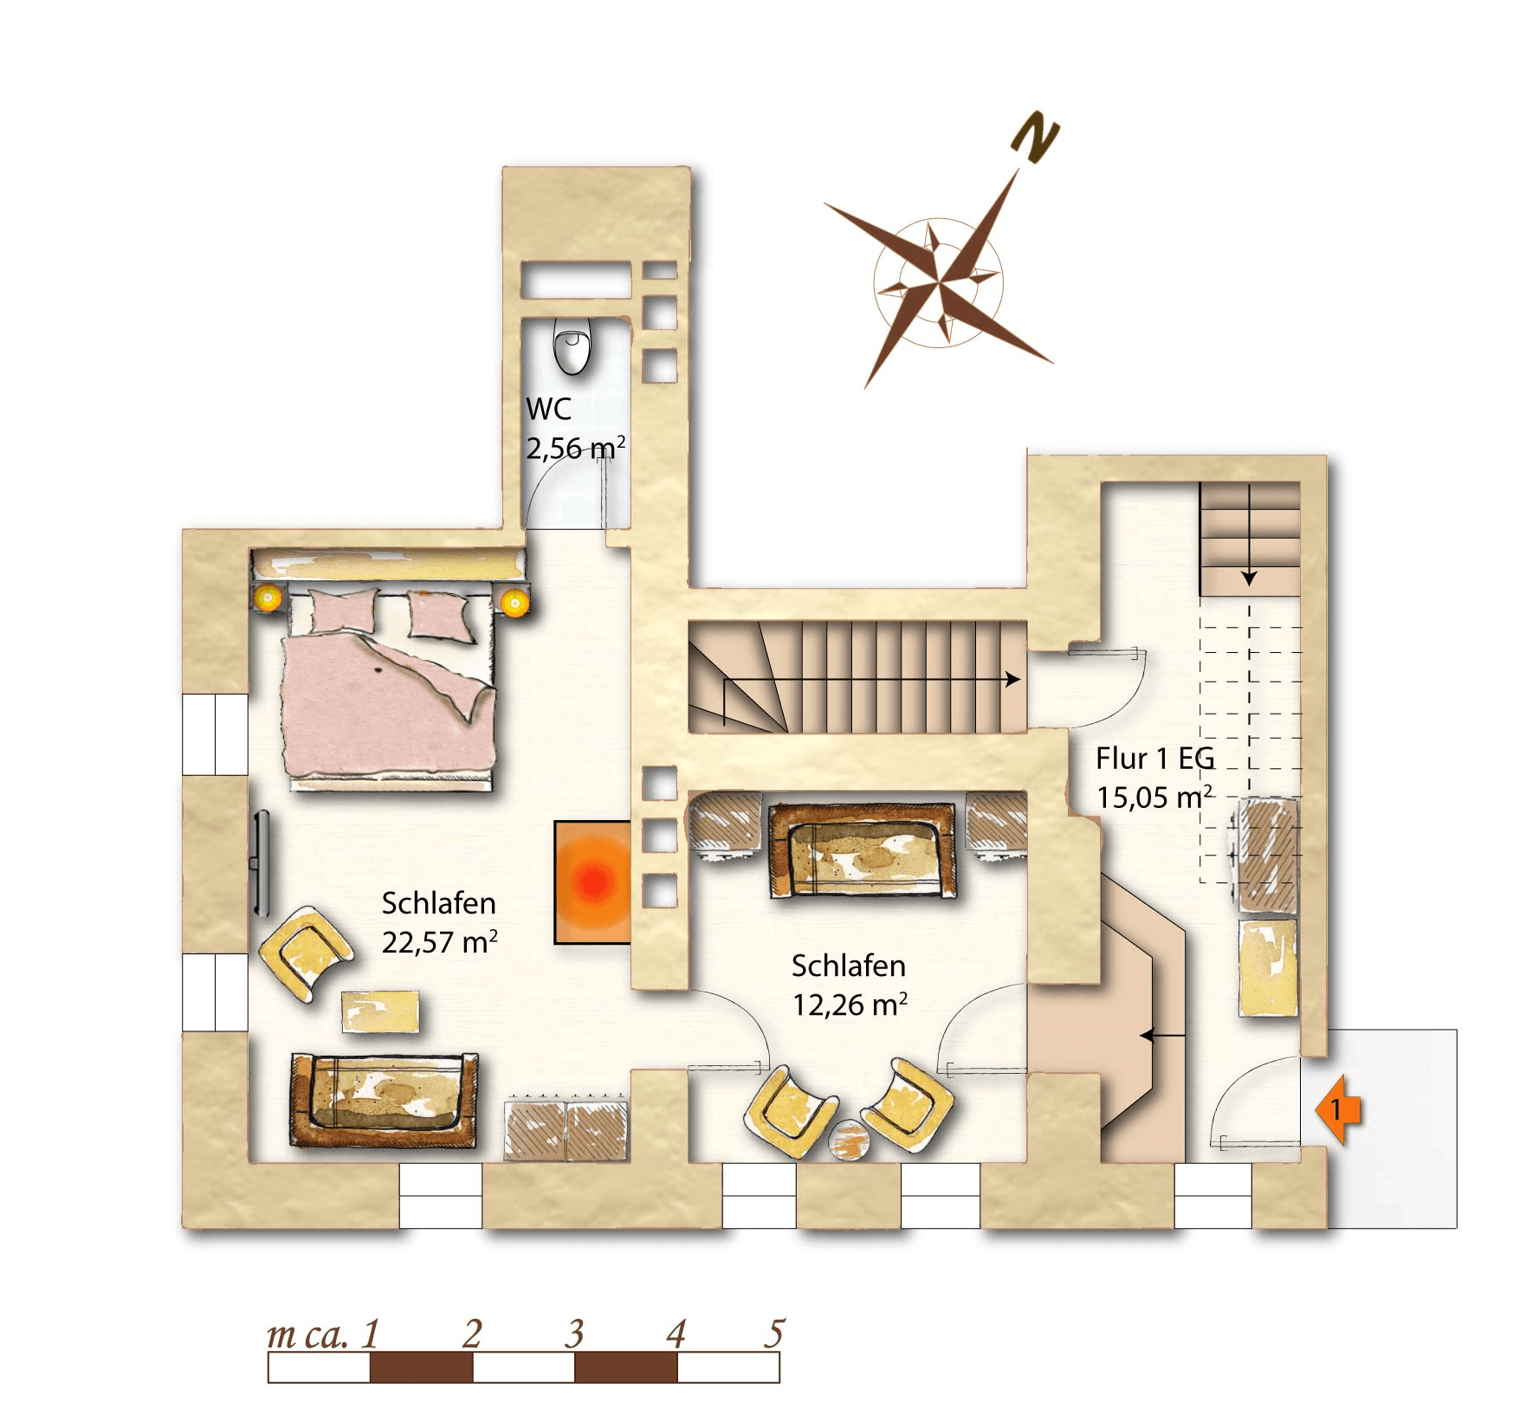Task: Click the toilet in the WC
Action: [x=572, y=346]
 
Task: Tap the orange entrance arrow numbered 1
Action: [x=1338, y=1109]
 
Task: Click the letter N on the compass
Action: [x=1036, y=137]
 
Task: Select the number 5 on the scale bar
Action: [x=775, y=1333]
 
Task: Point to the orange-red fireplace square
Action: [x=592, y=882]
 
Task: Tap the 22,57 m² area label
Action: [x=440, y=941]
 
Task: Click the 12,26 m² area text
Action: [x=850, y=1004]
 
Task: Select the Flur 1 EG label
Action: [x=1155, y=759]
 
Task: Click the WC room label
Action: [x=549, y=409]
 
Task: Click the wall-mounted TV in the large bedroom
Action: [x=261, y=863]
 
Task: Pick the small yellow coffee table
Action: [x=380, y=1011]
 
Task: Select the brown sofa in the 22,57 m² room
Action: [x=384, y=1100]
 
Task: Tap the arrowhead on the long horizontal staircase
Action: [x=1013, y=680]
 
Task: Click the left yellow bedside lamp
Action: [x=268, y=598]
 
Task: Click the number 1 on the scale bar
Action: [x=371, y=1334]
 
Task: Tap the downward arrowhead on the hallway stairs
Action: [x=1249, y=578]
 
